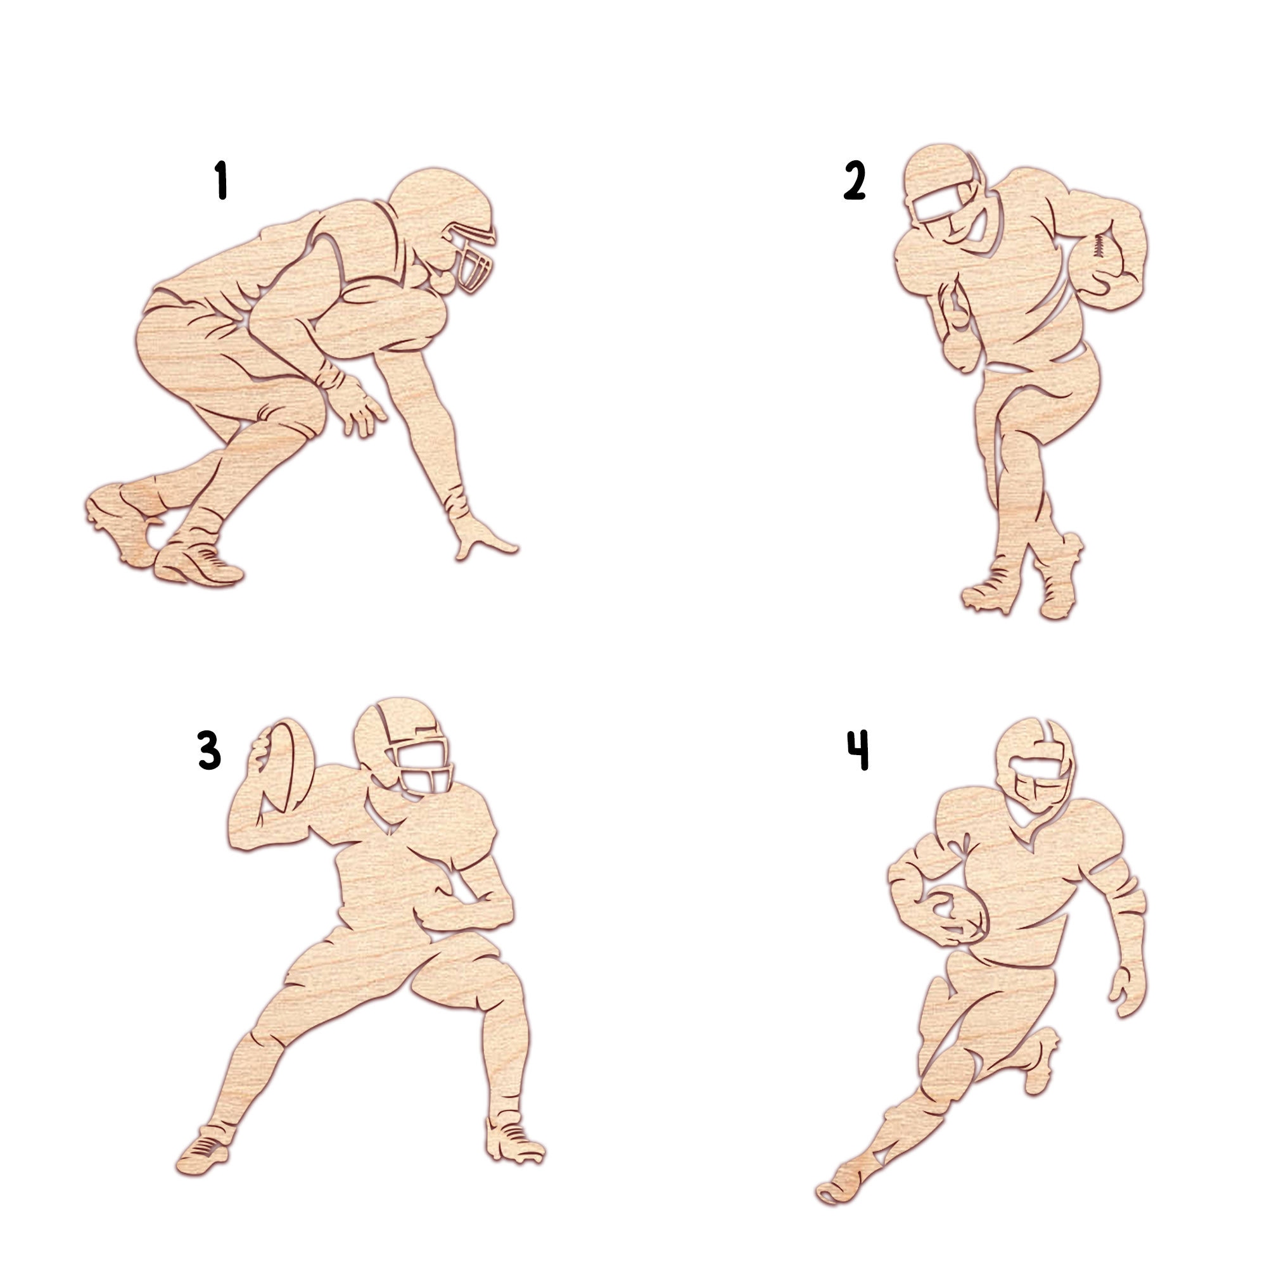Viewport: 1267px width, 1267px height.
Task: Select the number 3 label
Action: pos(209,750)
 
